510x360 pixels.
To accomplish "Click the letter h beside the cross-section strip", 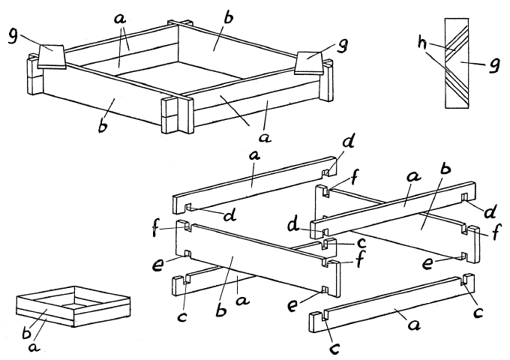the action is point(423,43).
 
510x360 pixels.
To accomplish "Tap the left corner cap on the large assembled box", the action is point(52,56).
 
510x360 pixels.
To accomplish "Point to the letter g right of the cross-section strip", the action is point(494,66).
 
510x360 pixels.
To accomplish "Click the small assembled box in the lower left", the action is point(73,307).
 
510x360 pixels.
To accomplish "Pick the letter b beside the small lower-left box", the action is point(27,332).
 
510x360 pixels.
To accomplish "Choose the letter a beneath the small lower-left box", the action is point(34,347).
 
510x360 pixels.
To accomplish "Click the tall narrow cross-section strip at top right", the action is point(457,63).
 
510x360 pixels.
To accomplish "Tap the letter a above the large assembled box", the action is point(120,19).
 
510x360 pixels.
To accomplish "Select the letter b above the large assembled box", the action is point(229,17).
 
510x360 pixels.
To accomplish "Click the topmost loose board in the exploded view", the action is point(255,184).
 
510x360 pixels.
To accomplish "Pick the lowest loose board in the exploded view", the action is point(391,304).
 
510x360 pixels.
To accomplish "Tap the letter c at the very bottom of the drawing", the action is point(334,348).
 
